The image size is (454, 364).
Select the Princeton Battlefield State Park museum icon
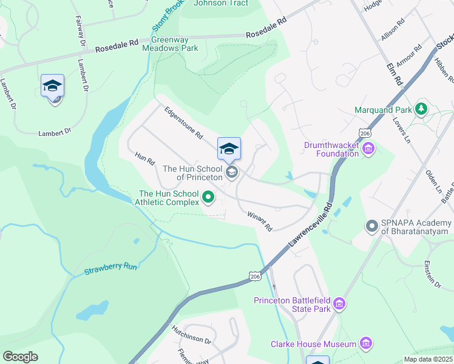click(x=339, y=303)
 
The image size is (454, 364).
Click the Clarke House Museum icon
click(x=365, y=344)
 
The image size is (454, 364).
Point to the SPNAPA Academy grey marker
click(x=372, y=226)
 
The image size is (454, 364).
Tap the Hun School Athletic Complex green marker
click(x=209, y=197)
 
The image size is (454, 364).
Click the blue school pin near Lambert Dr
click(x=53, y=86)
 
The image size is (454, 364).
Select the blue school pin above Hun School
click(x=229, y=149)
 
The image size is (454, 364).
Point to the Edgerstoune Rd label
click(x=183, y=123)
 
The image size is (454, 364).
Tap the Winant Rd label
click(x=260, y=221)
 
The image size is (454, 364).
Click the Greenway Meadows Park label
click(x=170, y=43)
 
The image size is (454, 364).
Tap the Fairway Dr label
click(x=80, y=28)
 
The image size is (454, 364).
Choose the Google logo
click(x=20, y=357)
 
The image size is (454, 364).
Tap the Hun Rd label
click(x=146, y=160)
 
